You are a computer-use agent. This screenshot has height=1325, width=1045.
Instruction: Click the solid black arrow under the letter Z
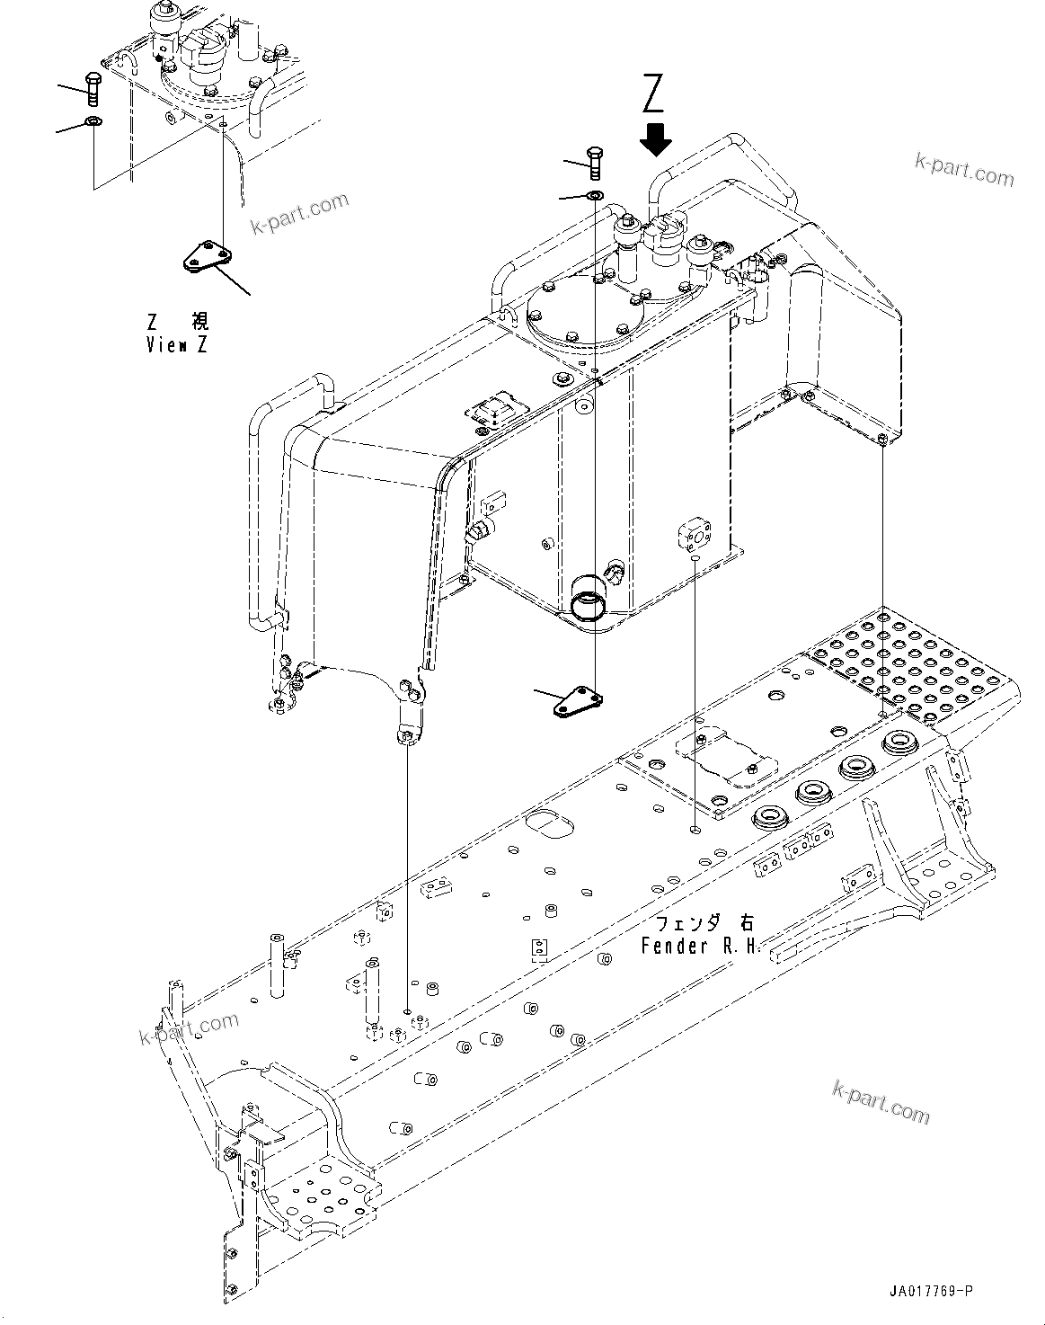click(x=656, y=138)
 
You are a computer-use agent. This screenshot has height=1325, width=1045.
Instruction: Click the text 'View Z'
click(x=177, y=345)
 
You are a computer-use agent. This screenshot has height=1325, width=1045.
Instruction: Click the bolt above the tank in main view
click(x=596, y=164)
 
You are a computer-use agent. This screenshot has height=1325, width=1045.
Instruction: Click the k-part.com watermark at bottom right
click(x=881, y=1101)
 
